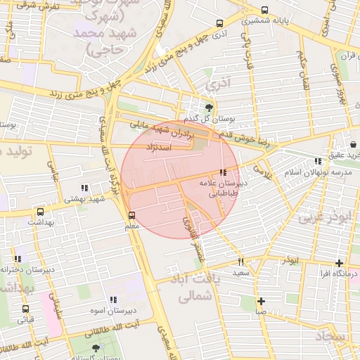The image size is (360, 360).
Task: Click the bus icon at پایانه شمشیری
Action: [264, 11]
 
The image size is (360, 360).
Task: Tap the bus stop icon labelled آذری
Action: [220, 23]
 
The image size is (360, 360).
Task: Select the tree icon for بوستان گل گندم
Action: [209, 108]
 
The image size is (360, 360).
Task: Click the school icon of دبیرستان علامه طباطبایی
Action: [223, 172]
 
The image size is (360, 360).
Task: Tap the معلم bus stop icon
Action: [131, 215]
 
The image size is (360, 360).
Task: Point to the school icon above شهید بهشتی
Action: [85, 188]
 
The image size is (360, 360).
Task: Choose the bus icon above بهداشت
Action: [40, 211]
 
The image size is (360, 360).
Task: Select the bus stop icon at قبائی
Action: [26, 309]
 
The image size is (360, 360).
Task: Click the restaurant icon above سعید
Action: [241, 261]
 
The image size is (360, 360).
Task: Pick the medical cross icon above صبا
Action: [261, 300]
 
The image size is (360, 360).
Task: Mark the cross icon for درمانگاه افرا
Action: [340, 263]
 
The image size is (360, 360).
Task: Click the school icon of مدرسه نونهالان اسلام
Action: [319, 162]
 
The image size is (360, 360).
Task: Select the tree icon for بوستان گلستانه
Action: [96, 348]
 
